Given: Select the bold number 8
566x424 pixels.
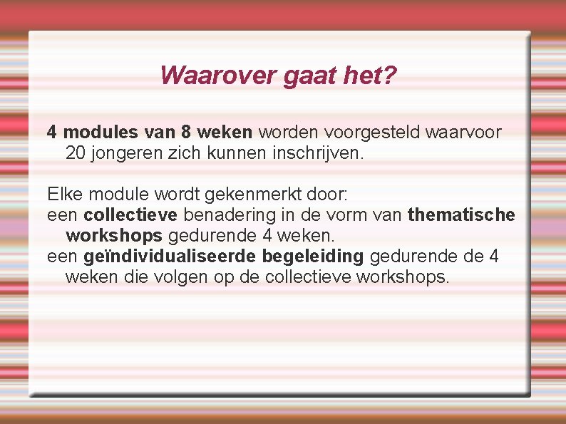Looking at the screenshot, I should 186,132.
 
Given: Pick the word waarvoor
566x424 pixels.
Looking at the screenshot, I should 463,132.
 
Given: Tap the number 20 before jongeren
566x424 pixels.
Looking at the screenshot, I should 75,152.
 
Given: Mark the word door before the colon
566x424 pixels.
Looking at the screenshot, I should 324,194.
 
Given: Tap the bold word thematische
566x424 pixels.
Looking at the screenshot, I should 461,214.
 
